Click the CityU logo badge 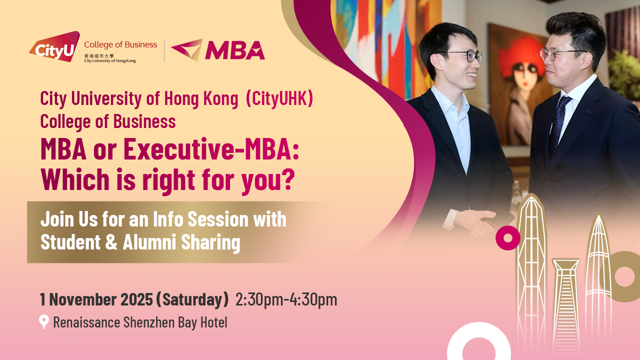click(54, 47)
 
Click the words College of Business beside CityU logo click(120, 45)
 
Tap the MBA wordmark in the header click(234, 50)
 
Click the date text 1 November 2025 click(96, 299)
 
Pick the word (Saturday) click(192, 299)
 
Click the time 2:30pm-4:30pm click(286, 299)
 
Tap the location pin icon click(44, 321)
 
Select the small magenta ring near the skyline click(507, 238)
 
